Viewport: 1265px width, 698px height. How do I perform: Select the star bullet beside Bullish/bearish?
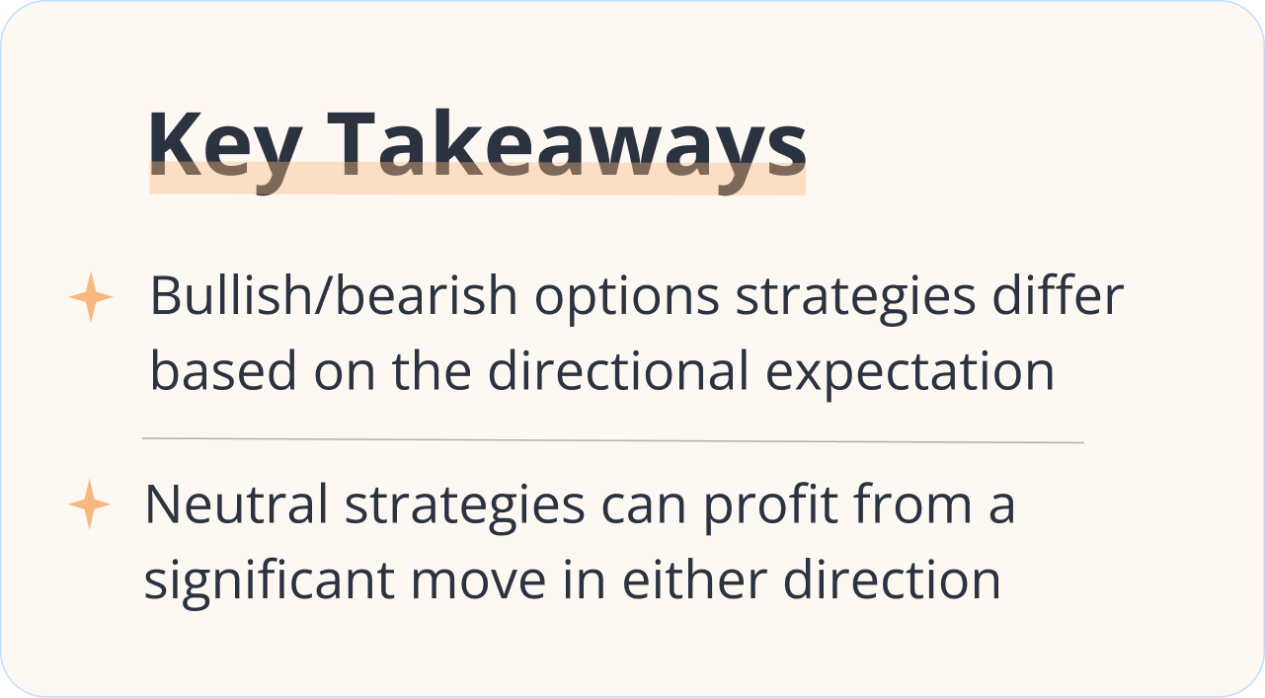91,297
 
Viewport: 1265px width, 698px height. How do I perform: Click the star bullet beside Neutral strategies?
89,504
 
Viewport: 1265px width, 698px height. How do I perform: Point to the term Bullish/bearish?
334,295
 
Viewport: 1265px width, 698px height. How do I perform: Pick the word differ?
1058,295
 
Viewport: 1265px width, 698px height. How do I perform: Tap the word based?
223,370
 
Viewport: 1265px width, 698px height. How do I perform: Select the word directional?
618,370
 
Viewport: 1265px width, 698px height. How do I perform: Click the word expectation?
909,374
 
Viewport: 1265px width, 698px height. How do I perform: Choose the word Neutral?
236,504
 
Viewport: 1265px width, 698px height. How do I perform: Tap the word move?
478,582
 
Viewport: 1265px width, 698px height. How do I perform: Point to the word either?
694,580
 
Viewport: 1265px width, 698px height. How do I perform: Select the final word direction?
893,580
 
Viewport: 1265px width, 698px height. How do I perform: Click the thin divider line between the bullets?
612,440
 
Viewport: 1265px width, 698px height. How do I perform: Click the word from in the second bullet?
912,503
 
